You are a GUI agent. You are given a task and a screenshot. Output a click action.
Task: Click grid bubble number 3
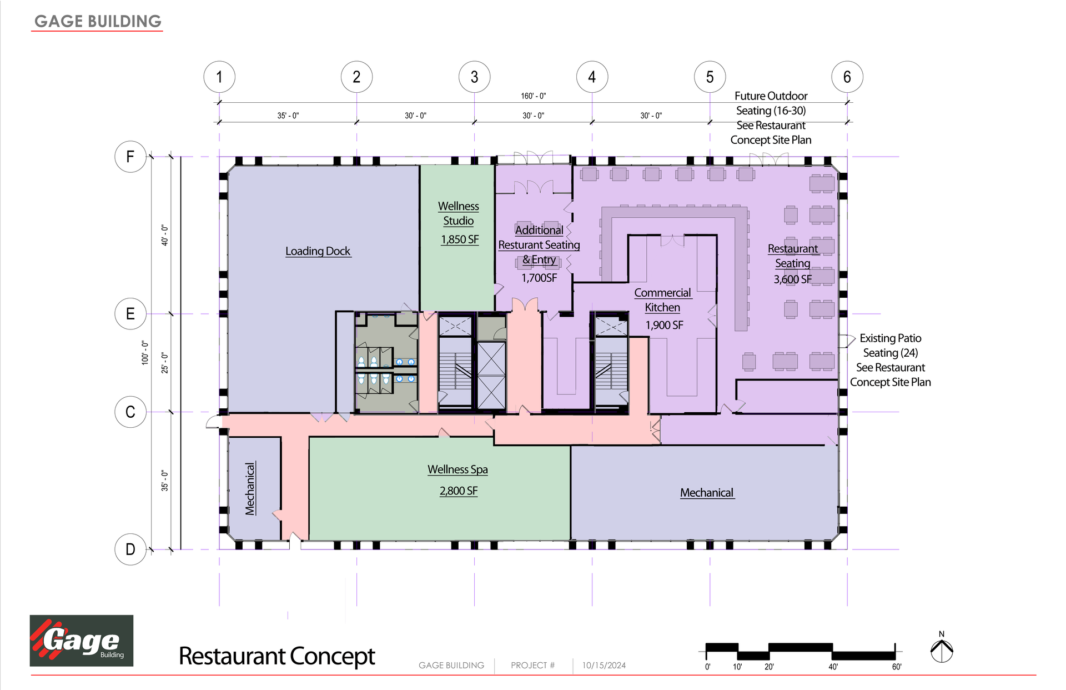[x=474, y=77]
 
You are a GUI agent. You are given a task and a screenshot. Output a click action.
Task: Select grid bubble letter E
[x=130, y=314]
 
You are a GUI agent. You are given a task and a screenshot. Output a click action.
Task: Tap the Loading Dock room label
[x=318, y=251]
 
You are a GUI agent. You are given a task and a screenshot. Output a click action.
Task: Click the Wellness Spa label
[x=457, y=469]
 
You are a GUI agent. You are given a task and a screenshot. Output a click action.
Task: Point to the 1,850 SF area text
[x=460, y=239]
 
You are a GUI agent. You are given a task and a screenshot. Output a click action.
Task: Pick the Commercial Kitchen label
[x=662, y=300]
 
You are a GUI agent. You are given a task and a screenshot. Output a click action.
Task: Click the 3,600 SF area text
[x=792, y=279]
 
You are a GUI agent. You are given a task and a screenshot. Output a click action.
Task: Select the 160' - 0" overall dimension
[x=533, y=96]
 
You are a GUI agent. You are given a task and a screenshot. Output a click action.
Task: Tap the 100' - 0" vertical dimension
[x=145, y=353]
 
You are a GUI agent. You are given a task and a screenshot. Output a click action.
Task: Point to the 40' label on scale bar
[x=833, y=667]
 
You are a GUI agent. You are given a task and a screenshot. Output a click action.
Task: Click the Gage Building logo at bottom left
[x=82, y=641]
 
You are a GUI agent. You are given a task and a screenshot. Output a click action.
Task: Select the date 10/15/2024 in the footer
[x=604, y=666]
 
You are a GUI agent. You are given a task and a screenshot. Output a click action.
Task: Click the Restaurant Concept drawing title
[x=276, y=656]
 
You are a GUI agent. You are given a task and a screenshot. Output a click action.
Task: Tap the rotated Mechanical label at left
[x=250, y=489]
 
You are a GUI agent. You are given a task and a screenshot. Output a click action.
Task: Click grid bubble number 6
[x=847, y=77]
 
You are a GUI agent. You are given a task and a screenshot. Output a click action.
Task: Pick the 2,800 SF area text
[x=459, y=491]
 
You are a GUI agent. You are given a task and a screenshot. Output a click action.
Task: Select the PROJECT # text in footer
[x=532, y=666]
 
